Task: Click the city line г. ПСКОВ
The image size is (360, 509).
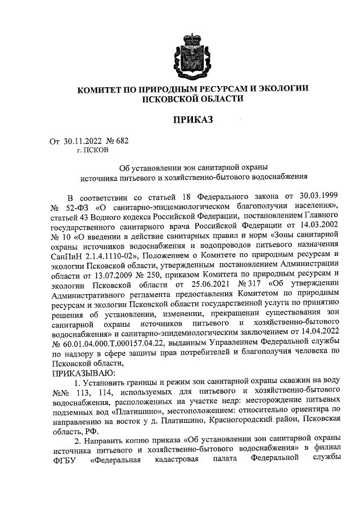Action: pyautogui.click(x=93, y=150)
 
